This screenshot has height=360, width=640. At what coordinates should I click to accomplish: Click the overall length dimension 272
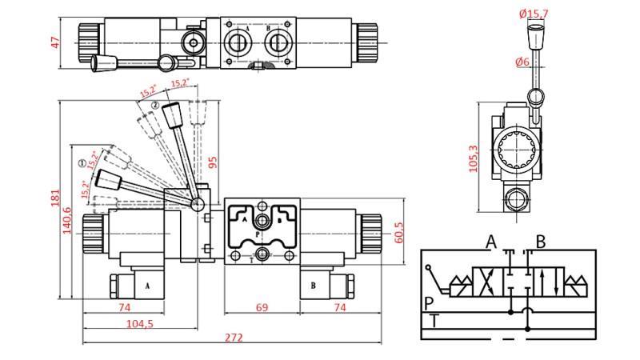(233, 338)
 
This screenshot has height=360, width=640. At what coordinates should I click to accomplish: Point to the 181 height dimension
(54, 197)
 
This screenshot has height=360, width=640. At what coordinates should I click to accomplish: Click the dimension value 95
(213, 162)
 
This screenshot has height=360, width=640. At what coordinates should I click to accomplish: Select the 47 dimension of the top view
(55, 42)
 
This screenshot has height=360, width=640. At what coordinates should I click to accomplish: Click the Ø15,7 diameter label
(533, 13)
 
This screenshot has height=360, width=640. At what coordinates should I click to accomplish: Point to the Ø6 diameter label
(523, 62)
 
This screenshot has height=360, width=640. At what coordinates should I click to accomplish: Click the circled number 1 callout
(82, 163)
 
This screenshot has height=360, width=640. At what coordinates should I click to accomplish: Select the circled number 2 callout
(154, 105)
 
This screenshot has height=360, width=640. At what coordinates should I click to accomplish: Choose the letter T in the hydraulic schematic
(434, 321)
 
